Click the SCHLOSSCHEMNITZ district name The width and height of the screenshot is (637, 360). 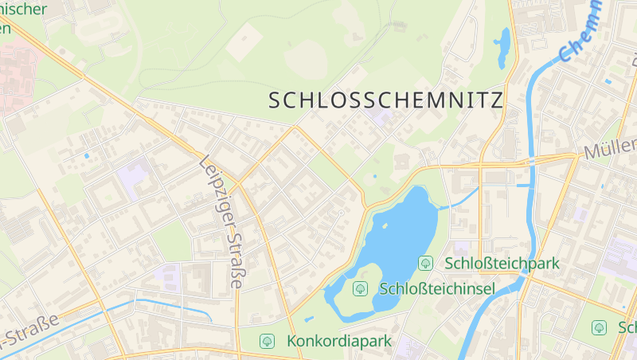[x=386, y=100]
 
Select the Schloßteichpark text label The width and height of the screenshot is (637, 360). [x=502, y=263]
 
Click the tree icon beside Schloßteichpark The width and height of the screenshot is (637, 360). [x=426, y=263]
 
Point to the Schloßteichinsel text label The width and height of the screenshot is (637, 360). [x=437, y=288]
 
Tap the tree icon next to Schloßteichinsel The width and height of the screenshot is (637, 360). [x=360, y=288]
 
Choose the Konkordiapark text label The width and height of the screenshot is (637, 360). [x=339, y=341]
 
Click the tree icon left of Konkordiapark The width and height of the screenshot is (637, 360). [x=267, y=341]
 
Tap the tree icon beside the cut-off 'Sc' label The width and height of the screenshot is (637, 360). [x=600, y=327]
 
